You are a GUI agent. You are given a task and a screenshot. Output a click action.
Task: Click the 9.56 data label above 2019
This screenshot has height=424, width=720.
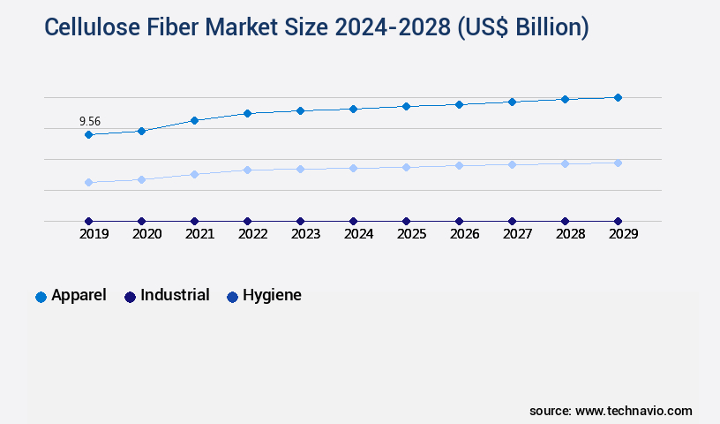[89, 121]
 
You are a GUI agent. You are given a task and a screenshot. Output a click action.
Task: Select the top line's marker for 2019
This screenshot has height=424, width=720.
[88, 134]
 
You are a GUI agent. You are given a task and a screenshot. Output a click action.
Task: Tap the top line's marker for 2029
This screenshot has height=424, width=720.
[618, 97]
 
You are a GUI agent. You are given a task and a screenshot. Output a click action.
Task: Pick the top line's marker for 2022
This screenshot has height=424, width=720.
[247, 113]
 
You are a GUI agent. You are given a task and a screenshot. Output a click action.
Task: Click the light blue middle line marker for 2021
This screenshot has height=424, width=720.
[194, 174]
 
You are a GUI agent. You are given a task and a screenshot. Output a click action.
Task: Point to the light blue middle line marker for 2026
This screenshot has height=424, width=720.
[459, 165]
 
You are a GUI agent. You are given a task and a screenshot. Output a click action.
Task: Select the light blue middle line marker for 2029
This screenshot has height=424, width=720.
[618, 163]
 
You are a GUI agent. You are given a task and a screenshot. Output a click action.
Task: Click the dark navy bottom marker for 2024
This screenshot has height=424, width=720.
[353, 221]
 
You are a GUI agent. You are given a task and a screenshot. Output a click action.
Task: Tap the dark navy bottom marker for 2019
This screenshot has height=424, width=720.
[88, 221]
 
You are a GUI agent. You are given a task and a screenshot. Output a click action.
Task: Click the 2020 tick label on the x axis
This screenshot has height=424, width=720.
[146, 234]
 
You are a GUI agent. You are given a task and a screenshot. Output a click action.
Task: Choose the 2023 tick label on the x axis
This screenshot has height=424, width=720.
[305, 234]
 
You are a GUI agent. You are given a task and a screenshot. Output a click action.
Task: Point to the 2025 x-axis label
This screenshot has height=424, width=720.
[411, 234]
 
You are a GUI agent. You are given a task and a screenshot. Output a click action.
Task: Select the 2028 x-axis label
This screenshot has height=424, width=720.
[570, 234]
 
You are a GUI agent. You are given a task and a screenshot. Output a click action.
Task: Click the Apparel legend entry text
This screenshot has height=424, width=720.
[79, 296]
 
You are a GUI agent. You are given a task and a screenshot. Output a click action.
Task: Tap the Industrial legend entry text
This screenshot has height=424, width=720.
[175, 296]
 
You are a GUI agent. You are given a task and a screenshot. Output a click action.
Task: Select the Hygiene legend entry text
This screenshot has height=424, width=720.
[272, 296]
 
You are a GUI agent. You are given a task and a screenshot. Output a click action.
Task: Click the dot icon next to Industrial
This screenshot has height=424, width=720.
[130, 297]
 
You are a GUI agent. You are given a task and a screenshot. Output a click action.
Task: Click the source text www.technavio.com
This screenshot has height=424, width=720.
[634, 411]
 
